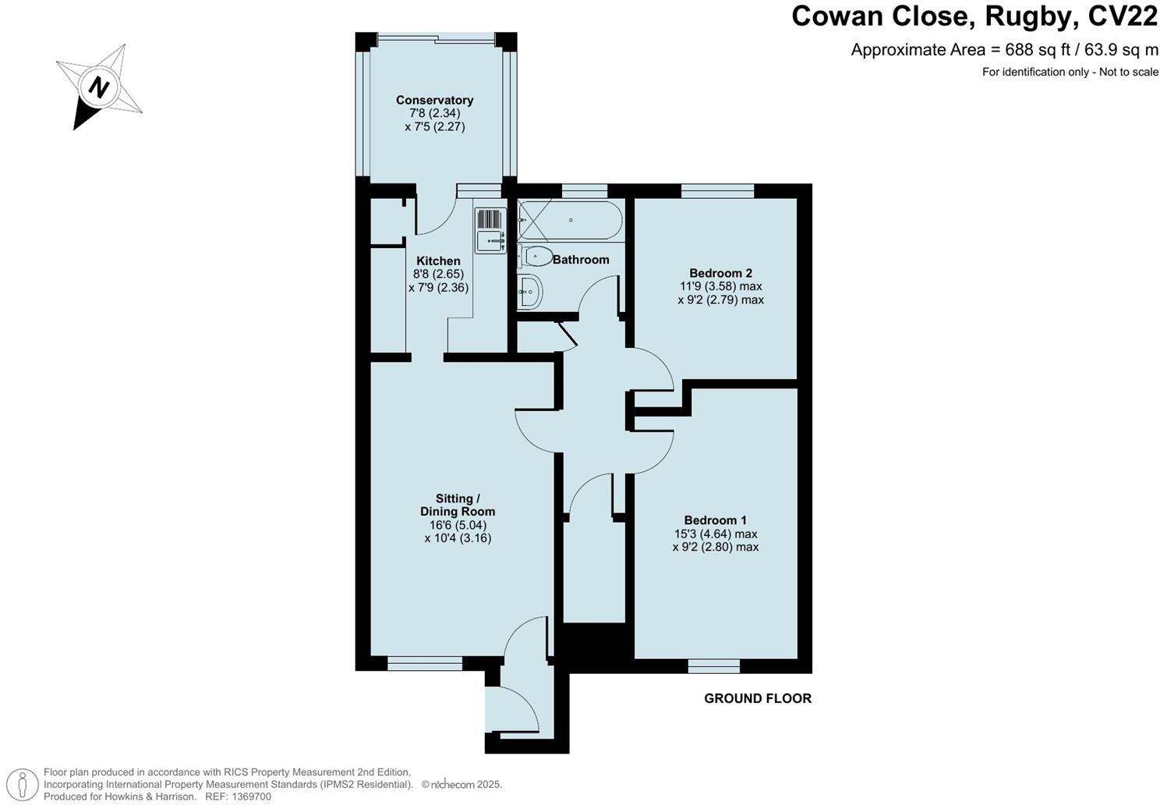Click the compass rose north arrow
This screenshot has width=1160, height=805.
(98, 87)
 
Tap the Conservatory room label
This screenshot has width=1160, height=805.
(434, 100)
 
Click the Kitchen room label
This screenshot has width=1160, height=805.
(438, 261)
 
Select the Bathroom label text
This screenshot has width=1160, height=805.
(581, 259)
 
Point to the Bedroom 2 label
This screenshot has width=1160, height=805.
(720, 273)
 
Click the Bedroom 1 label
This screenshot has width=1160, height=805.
(715, 520)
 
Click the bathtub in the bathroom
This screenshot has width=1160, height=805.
(571, 221)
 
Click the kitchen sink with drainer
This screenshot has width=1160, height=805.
(490, 229)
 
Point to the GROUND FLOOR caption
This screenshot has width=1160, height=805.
(758, 698)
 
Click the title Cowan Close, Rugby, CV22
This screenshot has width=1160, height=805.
(974, 16)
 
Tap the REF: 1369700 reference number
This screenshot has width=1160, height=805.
(238, 796)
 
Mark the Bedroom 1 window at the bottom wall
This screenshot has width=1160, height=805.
(714, 666)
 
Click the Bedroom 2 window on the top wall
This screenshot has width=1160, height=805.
(717, 190)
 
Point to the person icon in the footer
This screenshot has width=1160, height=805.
(26, 784)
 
